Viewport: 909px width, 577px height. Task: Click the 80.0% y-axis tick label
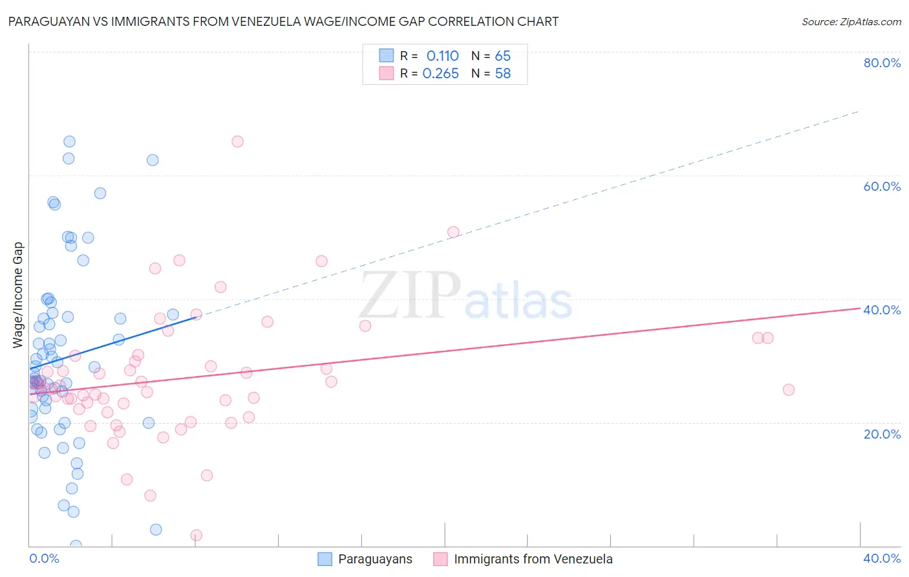[882, 63]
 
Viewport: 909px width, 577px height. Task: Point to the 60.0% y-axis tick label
[882, 186]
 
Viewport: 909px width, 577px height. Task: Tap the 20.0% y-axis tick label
[882, 434]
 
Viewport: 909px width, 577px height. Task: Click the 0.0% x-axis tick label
[44, 558]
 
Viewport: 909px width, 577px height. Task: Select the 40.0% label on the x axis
[882, 558]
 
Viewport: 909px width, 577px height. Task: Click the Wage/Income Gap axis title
[18, 295]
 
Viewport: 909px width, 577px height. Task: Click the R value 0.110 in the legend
[442, 56]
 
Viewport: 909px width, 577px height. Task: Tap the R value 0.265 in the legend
[440, 74]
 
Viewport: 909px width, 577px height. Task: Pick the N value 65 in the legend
[502, 56]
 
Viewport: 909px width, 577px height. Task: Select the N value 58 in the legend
[502, 74]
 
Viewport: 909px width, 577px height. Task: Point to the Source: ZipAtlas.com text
[851, 21]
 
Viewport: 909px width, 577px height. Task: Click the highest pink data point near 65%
[237, 142]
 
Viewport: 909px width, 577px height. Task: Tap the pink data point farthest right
[788, 389]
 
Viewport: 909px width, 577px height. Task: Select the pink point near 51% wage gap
[453, 232]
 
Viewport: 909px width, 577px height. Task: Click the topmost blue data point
[69, 142]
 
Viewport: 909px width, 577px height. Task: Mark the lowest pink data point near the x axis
[197, 535]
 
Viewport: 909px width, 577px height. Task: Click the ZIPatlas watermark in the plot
[465, 296]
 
